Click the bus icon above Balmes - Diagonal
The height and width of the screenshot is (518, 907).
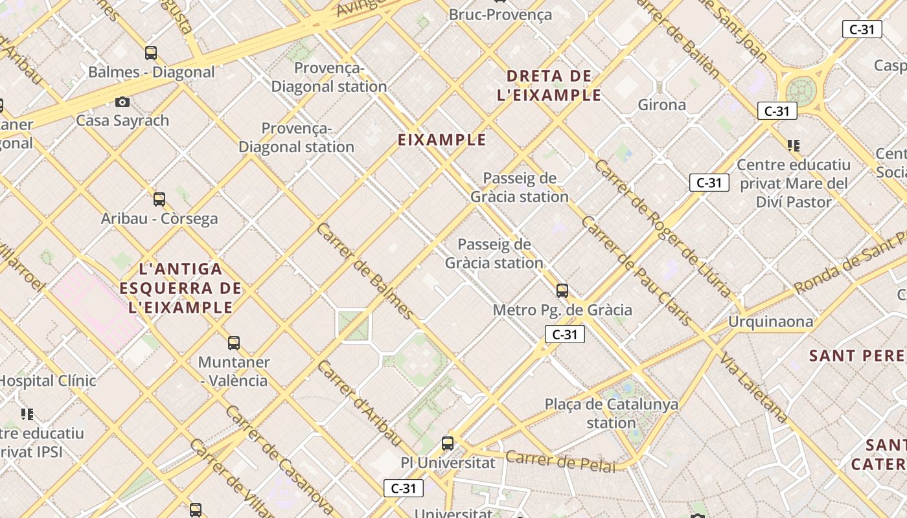point(151,53)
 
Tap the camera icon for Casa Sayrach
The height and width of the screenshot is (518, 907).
point(122,102)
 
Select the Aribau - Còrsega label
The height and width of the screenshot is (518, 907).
point(159,219)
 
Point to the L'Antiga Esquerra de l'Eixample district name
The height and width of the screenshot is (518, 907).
point(181,287)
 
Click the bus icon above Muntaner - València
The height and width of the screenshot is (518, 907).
point(234,343)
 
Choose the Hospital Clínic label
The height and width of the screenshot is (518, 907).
point(48,381)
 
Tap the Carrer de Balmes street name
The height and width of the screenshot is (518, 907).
point(365,271)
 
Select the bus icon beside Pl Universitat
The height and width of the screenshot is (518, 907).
point(448,444)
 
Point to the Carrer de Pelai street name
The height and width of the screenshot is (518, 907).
point(560,460)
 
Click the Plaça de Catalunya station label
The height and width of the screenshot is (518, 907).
point(612,413)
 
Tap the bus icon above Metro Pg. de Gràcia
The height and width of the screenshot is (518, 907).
point(562,291)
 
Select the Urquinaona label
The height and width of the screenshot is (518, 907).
point(770,322)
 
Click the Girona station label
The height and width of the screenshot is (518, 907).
point(661,105)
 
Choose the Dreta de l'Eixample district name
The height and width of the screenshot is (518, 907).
point(549,85)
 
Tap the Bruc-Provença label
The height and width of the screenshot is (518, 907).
point(500,14)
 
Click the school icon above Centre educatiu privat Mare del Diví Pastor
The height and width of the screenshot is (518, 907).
point(794,146)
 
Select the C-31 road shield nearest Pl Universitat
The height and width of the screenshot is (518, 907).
point(404,488)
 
